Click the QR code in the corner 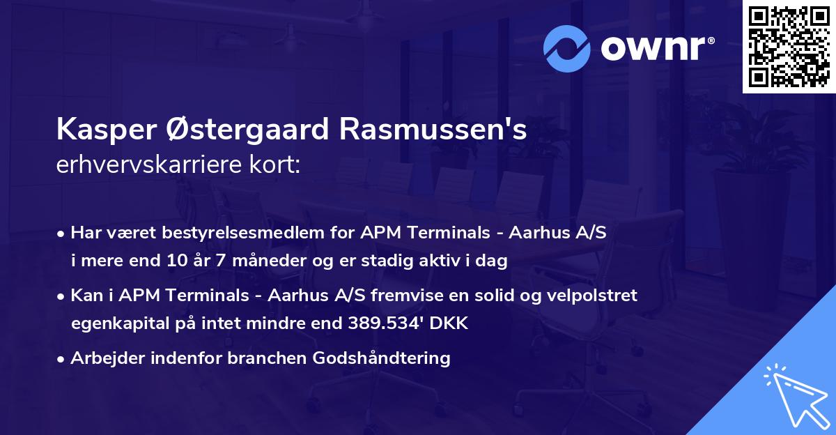coord(789,47)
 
